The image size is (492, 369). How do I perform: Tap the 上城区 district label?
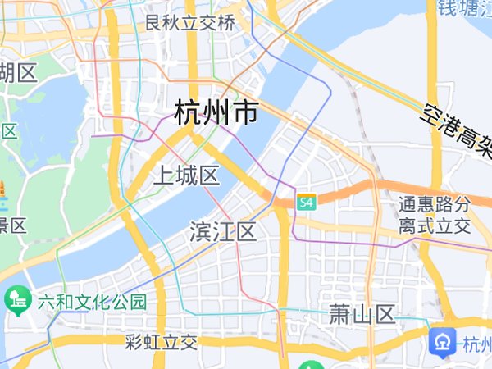point(186,175)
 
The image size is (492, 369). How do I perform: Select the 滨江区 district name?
point(222,231)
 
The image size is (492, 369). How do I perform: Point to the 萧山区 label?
point(362,313)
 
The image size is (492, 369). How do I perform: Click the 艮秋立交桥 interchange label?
point(189,23)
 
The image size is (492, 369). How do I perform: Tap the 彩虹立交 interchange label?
point(162,341)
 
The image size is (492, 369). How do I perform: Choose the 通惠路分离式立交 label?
point(435,214)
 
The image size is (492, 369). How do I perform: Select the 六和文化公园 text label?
point(91,302)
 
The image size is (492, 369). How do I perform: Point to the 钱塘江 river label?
point(463,7)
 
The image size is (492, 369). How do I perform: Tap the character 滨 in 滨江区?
point(200,231)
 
